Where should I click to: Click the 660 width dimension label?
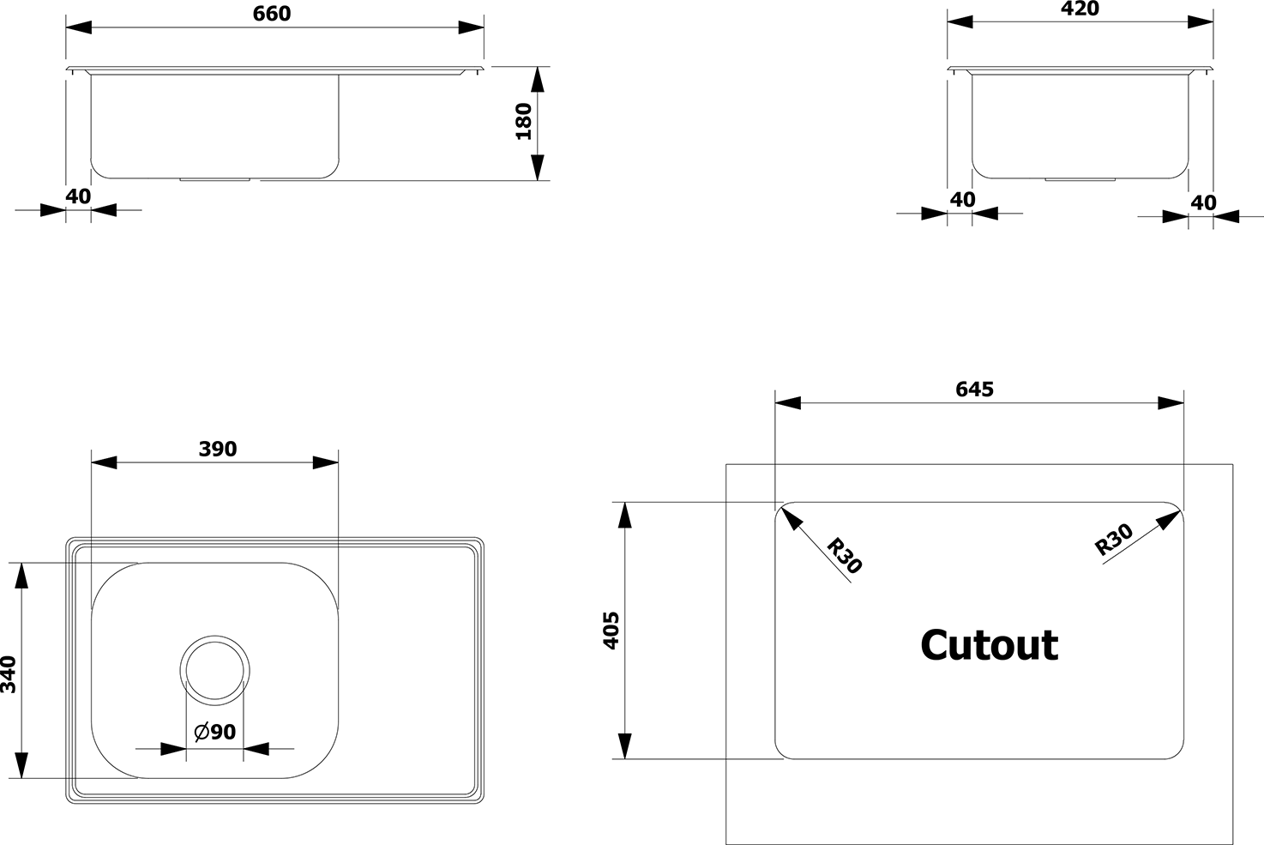pos(272,14)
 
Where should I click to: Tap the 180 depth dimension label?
pos(524,121)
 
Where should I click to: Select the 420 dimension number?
pos(1080,9)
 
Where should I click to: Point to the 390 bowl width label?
pos(218,449)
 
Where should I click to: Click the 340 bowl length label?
pos(9,674)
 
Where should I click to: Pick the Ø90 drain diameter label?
pos(215,732)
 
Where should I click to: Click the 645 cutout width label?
pos(974,389)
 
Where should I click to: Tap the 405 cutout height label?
pos(611,631)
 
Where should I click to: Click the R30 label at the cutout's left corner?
pos(844,556)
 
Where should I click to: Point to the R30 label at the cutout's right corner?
pos(1113,540)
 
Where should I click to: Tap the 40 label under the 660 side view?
pos(78,196)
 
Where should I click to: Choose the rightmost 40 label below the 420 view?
pos(1203,202)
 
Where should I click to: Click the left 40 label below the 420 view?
pos(962,199)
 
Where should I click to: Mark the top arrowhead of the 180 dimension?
pos(538,80)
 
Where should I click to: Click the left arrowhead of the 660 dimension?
pos(78,27)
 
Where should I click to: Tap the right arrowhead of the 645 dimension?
pos(1171,403)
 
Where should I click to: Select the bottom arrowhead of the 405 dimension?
pos(624,745)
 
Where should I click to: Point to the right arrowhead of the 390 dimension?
pos(326,463)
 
